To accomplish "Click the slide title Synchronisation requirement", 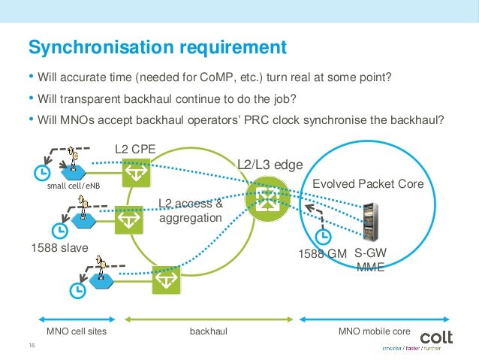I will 157,47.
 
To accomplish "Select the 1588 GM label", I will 324,254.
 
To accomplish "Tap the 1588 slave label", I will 59,247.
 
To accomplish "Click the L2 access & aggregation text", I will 191,210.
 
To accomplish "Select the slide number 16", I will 32,346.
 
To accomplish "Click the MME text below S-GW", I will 370,267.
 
